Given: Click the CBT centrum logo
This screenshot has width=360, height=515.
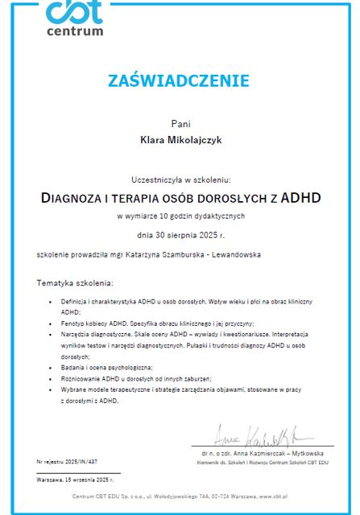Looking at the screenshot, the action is pos(75,17).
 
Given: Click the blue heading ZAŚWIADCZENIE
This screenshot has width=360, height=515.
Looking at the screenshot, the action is pos(179,80).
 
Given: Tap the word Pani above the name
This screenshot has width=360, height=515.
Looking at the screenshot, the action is pos(180,124).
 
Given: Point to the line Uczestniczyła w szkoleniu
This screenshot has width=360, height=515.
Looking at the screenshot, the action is pos(180,180).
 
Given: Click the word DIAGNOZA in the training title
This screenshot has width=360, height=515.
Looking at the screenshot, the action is pos(73,198).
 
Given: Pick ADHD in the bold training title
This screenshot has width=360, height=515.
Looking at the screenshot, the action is pos(298,198).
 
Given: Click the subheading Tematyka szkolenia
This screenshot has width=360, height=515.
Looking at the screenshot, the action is pos(74,283).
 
